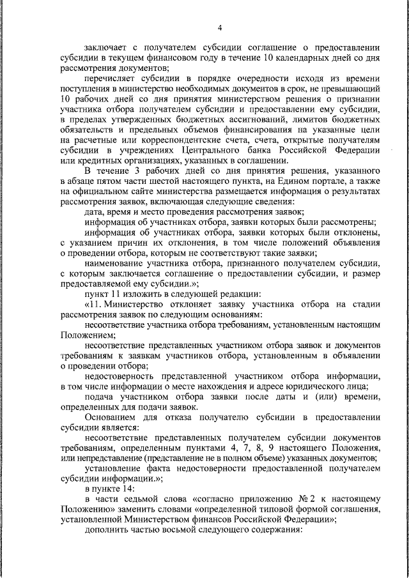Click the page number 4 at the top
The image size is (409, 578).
point(219,27)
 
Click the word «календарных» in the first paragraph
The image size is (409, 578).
point(291,58)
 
